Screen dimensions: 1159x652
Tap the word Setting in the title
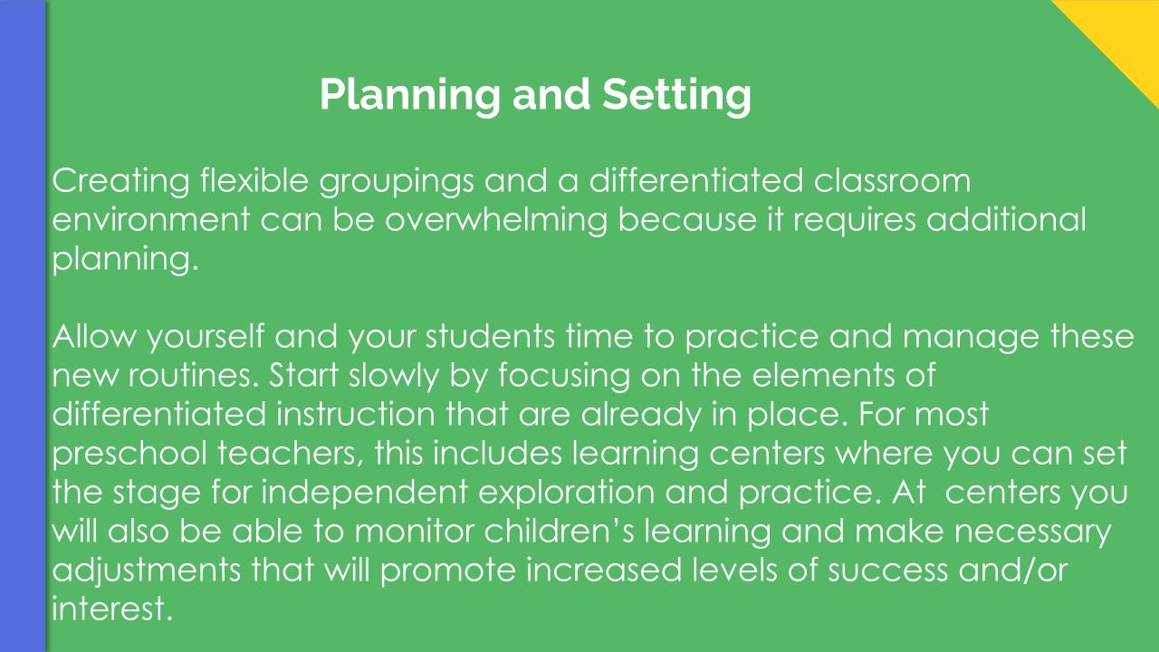pos(676,95)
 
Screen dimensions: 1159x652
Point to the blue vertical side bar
pos(24,326)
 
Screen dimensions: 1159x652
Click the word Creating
pos(121,182)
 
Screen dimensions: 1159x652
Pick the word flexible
pos(254,180)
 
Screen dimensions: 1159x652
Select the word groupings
pos(397,182)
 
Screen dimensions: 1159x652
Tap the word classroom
pos(892,180)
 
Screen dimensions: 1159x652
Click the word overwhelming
pos(495,220)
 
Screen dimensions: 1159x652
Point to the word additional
pos(1006,219)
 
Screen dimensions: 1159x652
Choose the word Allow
pos(94,336)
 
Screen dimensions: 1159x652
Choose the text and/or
pos(1013,570)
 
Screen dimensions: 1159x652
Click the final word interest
pos(111,609)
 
